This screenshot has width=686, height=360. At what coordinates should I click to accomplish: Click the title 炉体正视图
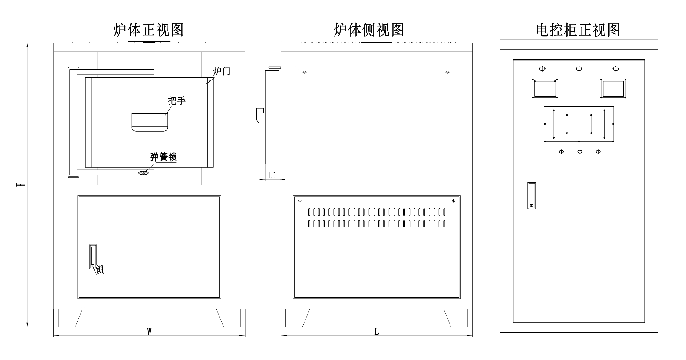pyautogui.click(x=148, y=30)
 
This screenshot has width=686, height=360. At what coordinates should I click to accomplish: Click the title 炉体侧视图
pyautogui.click(x=369, y=30)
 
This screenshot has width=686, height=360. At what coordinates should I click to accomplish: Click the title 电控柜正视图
pyautogui.click(x=578, y=30)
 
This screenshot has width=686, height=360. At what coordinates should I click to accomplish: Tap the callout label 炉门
pyautogui.click(x=222, y=71)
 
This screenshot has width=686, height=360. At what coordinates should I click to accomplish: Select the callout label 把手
pyautogui.click(x=176, y=100)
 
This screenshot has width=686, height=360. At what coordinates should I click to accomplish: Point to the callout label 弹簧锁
pyautogui.click(x=163, y=157)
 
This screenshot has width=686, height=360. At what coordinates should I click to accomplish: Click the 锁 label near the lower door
pyautogui.click(x=100, y=270)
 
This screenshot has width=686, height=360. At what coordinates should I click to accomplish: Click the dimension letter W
pyautogui.click(x=149, y=331)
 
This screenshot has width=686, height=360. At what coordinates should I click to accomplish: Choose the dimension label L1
pyautogui.click(x=272, y=175)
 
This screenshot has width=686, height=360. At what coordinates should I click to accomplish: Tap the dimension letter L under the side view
pyautogui.click(x=377, y=332)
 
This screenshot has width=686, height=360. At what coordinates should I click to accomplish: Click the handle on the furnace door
pyautogui.click(x=150, y=122)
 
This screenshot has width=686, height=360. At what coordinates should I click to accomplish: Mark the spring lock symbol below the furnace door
pyautogui.click(x=143, y=173)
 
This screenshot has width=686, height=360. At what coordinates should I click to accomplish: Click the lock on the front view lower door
pyautogui.click(x=93, y=257)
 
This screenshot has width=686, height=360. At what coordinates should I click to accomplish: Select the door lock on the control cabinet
pyautogui.click(x=531, y=195)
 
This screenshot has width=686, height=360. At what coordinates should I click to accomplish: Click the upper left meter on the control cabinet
pyautogui.click(x=545, y=89)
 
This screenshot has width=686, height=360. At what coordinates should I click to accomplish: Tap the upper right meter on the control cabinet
pyautogui.click(x=613, y=89)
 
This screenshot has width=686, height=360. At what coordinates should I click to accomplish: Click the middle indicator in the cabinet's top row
pyautogui.click(x=579, y=69)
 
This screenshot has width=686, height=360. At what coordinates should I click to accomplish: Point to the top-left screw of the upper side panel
pyautogui.click(x=305, y=72)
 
